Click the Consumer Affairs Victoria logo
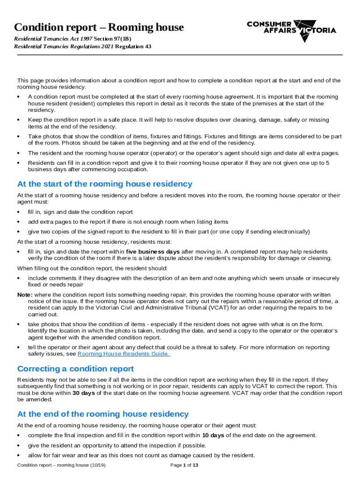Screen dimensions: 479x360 click(x=291, y=30)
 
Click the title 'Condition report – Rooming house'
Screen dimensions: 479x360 click(x=99, y=27)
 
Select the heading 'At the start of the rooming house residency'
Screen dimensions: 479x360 click(x=104, y=184)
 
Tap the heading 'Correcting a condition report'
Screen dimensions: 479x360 click(x=75, y=369)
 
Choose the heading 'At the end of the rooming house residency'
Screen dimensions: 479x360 click(x=103, y=414)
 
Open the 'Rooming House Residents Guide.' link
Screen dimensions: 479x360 click(x=124, y=354)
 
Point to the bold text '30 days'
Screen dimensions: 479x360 click(x=85, y=393)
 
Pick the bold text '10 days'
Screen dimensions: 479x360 click(x=213, y=435)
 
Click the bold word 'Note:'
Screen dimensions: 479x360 click(x=25, y=295)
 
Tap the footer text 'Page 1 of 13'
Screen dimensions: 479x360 click(x=184, y=465)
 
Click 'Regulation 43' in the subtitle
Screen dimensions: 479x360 click(x=133, y=47)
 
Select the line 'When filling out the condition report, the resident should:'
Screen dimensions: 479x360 click(x=92, y=268)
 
